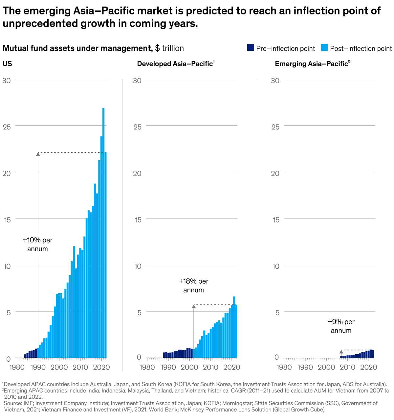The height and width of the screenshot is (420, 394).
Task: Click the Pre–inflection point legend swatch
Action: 251,48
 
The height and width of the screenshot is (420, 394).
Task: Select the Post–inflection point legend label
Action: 361,48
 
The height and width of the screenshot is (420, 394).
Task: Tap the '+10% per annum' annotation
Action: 38,244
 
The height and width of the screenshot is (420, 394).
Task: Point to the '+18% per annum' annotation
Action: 194,286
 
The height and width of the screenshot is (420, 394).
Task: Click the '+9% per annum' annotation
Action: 341,326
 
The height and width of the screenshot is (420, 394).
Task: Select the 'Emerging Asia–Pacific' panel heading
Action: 312,64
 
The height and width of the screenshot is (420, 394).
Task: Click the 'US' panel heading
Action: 7,64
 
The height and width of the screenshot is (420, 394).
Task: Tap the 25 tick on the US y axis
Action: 7,126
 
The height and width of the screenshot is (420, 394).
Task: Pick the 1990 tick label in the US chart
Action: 38,367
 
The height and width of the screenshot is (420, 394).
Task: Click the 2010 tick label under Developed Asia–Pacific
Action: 210,367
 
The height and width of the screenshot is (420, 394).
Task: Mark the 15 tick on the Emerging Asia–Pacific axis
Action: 275,220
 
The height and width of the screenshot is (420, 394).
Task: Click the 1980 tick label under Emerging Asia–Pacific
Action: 284,367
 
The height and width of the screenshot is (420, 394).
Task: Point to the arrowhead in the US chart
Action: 38,154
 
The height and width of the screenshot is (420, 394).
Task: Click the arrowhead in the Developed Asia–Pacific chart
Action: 194,306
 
